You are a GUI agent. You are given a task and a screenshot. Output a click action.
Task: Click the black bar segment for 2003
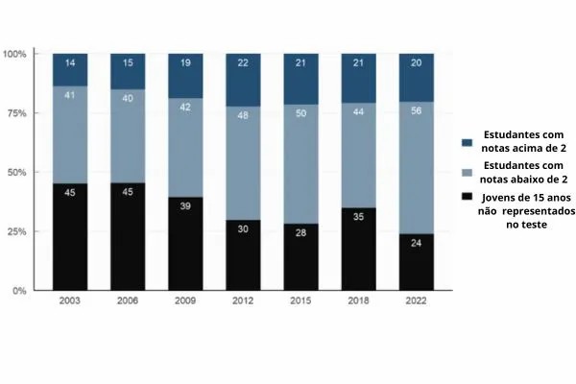tap(70, 237)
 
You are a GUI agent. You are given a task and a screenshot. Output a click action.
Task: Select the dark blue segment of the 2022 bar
tap(417, 78)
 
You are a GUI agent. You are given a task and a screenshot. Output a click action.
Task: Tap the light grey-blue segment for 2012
tap(243, 163)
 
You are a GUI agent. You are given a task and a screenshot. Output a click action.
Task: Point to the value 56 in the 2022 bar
tap(417, 110)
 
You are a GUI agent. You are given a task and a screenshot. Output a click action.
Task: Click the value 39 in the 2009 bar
tap(185, 206)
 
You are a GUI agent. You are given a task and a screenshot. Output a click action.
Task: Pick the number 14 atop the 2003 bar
tap(70, 62)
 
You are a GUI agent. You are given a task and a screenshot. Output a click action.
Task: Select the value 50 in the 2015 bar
tap(300, 113)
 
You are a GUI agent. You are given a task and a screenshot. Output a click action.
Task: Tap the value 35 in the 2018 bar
tap(358, 217)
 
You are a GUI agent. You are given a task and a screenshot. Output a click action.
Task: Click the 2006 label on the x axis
tap(128, 300)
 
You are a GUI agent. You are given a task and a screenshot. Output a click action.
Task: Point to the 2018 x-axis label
tap(358, 300)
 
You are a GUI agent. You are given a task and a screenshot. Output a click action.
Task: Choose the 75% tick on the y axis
tap(16, 113)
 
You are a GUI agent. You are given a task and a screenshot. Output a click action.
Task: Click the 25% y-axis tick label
tap(16, 231)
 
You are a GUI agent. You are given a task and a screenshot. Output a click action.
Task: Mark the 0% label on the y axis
tap(19, 291)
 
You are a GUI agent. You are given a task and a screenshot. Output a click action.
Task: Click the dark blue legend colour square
tap(467, 143)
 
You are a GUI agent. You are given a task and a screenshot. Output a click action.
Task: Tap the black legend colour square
tap(467, 196)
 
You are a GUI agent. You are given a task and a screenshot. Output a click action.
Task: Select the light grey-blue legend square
tap(467, 173)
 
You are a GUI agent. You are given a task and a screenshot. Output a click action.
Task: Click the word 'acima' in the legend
tap(519, 149)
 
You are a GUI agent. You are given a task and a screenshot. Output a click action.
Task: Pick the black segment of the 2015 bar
tap(301, 257)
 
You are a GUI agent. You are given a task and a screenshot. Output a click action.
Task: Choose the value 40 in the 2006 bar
tap(128, 98)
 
